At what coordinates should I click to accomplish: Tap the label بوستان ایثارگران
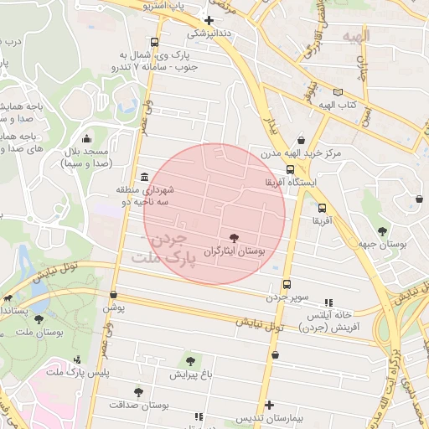(x=235, y=251)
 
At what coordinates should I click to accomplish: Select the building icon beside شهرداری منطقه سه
(x=146, y=178)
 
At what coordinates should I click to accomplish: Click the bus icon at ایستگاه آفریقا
(x=290, y=168)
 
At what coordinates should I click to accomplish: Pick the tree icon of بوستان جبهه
(x=382, y=230)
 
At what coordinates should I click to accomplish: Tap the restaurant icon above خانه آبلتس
(x=328, y=302)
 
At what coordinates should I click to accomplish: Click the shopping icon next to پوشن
(x=113, y=294)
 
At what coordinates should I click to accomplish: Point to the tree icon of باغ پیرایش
(x=190, y=361)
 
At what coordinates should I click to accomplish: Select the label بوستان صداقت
(x=138, y=405)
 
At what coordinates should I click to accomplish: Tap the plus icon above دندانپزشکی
(x=209, y=20)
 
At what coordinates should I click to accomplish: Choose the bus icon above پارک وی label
(x=153, y=42)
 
